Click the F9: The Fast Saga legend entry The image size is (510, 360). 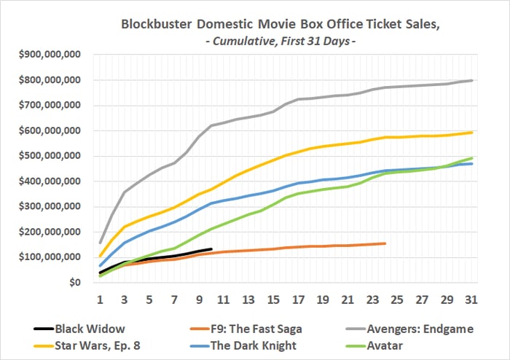[x=248, y=329]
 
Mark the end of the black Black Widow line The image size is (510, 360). [x=211, y=249]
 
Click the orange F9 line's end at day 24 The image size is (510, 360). [x=384, y=243]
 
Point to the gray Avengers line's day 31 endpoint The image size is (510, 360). [x=472, y=80]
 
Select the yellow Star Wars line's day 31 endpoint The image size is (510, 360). [x=472, y=133]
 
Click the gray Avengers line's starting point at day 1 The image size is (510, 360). [x=100, y=243]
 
